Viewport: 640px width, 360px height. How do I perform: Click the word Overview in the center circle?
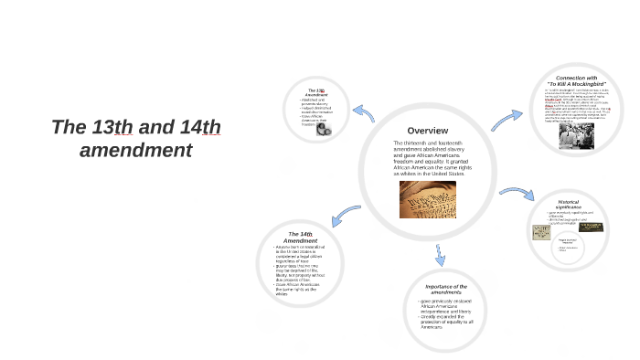tap(427, 130)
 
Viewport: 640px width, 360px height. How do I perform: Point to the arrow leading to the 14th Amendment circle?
tap(344, 215)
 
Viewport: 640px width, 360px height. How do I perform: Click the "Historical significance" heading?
tap(581, 205)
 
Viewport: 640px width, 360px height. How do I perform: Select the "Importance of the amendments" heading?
tap(446, 290)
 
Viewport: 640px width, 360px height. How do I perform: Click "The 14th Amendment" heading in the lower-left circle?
tap(301, 237)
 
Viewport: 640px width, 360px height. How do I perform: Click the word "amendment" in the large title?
tap(136, 149)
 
